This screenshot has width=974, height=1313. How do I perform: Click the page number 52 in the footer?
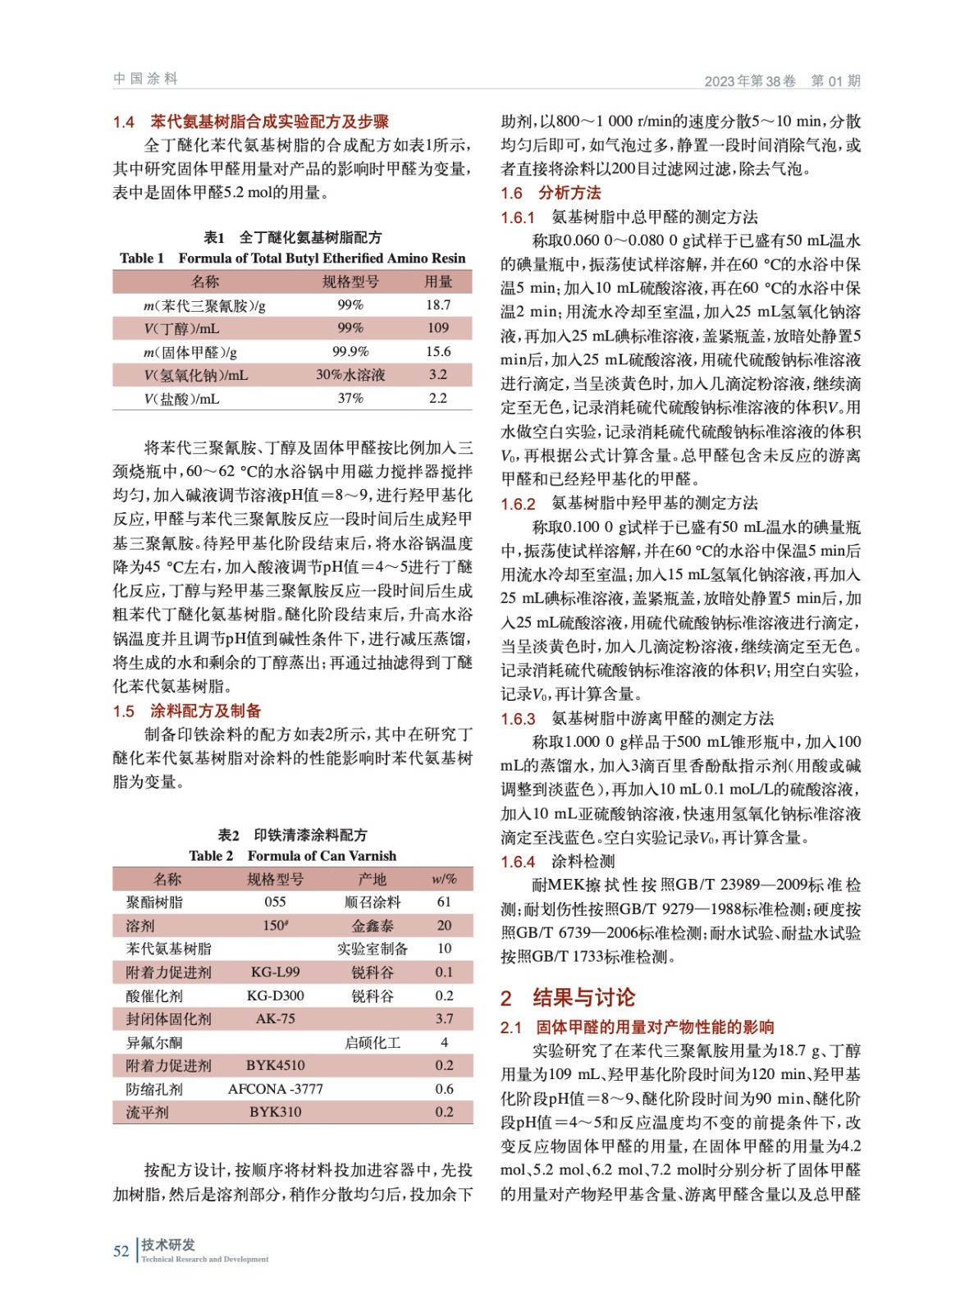[121, 1251]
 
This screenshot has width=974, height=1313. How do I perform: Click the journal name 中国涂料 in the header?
[146, 79]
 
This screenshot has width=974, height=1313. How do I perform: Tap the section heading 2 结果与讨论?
[568, 997]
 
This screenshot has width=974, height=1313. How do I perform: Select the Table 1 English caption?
[292, 258]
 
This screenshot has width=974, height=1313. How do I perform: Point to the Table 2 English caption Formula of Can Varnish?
[292, 855]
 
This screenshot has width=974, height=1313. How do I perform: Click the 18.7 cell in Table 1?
[437, 305]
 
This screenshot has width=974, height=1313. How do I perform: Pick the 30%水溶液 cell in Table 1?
[350, 375]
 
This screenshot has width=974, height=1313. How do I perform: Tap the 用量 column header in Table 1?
[437, 281]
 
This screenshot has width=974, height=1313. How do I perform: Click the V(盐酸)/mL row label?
[181, 399]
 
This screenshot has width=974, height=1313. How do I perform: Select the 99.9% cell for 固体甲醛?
[350, 352]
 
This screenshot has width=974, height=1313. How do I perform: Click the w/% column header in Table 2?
[444, 879]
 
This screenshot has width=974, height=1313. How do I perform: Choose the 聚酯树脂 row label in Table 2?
[154, 902]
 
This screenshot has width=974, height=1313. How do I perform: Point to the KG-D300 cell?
[275, 995]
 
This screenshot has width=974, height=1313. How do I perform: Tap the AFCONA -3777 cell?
[275, 1089]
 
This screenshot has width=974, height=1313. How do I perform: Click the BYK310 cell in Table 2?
[275, 1112]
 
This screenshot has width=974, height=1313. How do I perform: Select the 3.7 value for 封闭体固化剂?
[444, 1018]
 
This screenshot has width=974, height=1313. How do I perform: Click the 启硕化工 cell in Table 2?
[373, 1042]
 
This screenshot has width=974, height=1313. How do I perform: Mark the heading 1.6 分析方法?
[551, 193]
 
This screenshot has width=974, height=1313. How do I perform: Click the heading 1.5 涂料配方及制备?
[187, 711]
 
